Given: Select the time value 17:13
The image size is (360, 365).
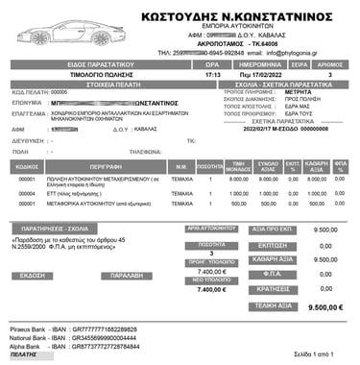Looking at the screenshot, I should pyautogui.click(x=213, y=73).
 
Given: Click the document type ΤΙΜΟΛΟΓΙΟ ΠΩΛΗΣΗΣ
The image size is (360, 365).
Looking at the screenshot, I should pyautogui.click(x=92, y=73).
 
